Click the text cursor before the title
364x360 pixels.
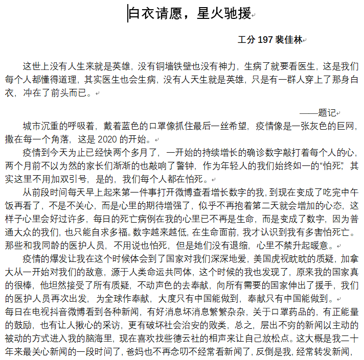click(128, 14)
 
